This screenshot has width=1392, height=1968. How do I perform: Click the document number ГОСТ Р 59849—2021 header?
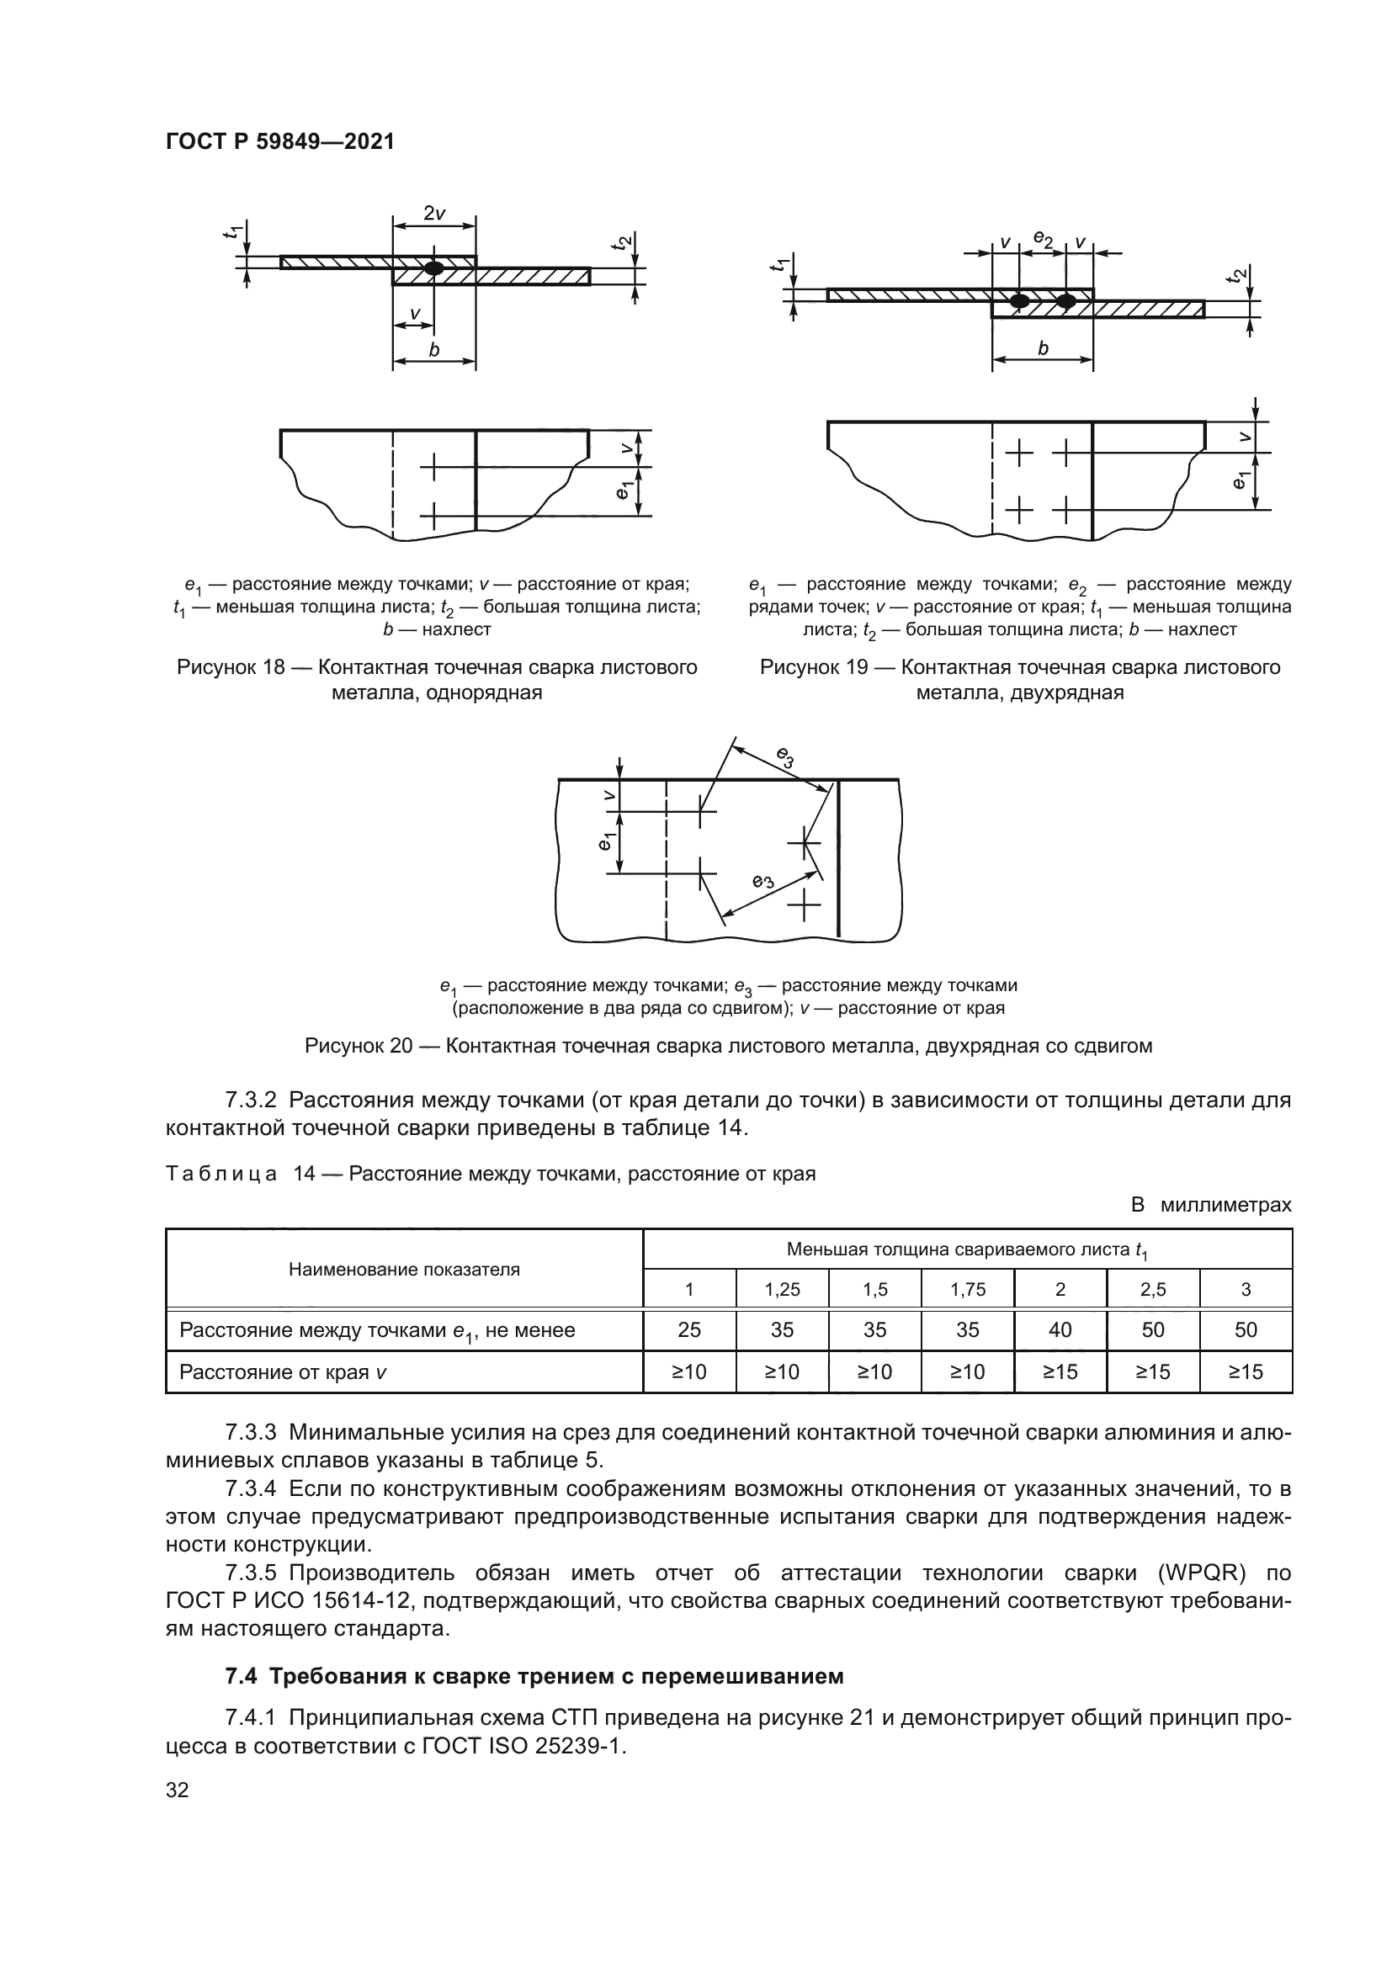pos(279,142)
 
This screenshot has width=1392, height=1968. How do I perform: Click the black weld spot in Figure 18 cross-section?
pos(434,268)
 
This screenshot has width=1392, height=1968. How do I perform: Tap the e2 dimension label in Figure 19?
pos(1042,238)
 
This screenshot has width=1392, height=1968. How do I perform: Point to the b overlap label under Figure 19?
pos(1042,349)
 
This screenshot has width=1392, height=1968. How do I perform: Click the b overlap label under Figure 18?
pos(433,350)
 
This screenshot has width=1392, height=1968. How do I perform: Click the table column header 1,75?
pos(967,1289)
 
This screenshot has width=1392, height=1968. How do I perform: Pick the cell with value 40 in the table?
pos(1060,1329)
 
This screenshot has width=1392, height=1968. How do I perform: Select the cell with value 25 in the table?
pos(689,1329)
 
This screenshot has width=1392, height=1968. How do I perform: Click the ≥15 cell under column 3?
pos(1246,1371)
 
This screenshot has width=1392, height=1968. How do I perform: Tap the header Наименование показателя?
pos(404,1270)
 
